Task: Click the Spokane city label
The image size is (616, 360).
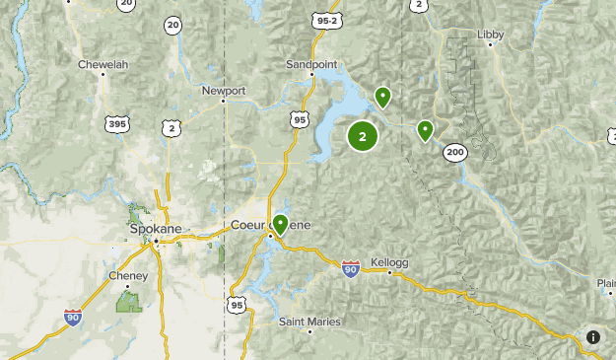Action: [x=156, y=228]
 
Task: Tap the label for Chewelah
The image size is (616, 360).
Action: [x=103, y=65]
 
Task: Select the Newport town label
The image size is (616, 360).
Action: [x=223, y=90]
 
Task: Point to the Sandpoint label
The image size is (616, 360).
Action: [x=310, y=64]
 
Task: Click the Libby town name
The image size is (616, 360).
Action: [x=490, y=35]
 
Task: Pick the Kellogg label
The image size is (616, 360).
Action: [x=389, y=262]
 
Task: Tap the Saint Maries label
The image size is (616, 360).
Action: [x=309, y=322]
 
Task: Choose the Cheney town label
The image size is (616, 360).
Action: [x=127, y=276]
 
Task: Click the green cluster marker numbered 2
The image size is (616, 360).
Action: [x=363, y=137]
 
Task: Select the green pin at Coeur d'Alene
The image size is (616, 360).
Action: [x=281, y=224]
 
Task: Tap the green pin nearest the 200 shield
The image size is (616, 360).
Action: [x=426, y=129]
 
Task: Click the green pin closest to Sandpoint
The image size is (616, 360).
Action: [x=382, y=96]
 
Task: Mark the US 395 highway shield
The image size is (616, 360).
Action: [x=116, y=123]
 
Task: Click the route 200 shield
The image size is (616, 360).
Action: [x=454, y=151]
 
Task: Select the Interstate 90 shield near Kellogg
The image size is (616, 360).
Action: [x=351, y=267]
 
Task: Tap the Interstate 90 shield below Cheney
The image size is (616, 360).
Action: [x=73, y=317]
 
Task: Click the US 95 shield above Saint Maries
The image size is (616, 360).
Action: [x=236, y=305]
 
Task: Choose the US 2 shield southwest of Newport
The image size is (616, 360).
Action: [x=172, y=128]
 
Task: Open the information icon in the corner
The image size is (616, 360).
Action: [x=593, y=337]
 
